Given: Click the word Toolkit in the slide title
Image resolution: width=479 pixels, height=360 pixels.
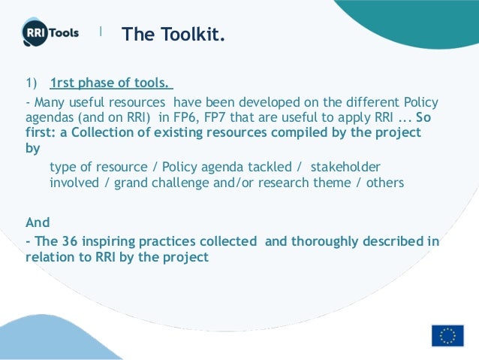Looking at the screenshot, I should click(191, 35).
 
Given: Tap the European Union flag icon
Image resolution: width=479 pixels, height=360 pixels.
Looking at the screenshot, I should click(447, 335).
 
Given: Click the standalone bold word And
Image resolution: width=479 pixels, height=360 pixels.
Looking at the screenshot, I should click(38, 222).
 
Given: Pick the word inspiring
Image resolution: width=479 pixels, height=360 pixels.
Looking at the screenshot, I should click(109, 241).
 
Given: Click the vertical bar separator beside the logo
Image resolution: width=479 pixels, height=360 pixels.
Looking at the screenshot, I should click(101, 32).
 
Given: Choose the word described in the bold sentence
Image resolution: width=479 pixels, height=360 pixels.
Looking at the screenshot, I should click(389, 241).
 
